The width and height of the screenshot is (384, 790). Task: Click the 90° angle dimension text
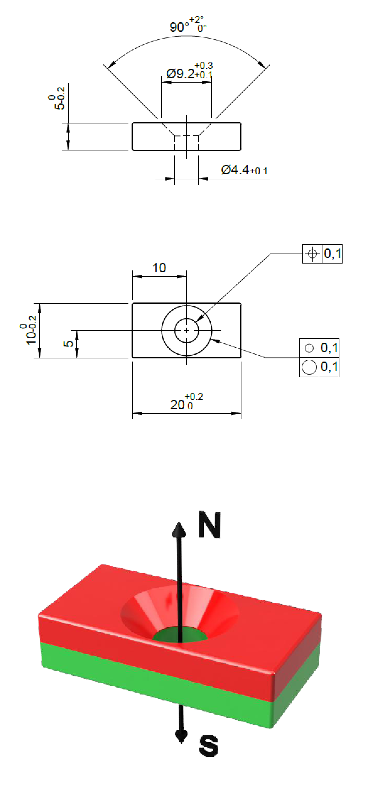click(x=188, y=25)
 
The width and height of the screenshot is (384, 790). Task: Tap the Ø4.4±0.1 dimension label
click(x=244, y=170)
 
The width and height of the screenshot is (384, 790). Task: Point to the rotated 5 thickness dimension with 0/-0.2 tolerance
click(x=57, y=98)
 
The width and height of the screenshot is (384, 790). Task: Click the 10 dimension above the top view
click(x=159, y=268)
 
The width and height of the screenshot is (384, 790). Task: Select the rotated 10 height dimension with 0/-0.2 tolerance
click(x=28, y=330)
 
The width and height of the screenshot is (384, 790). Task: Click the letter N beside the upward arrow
click(x=209, y=525)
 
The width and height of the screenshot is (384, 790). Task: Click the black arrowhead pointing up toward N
click(x=179, y=529)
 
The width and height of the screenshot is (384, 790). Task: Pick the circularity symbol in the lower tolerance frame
click(x=309, y=367)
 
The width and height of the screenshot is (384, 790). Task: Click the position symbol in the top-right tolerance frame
click(x=312, y=253)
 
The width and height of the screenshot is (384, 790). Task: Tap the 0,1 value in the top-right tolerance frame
click(x=333, y=253)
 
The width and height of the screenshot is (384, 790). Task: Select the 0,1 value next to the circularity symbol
click(x=329, y=367)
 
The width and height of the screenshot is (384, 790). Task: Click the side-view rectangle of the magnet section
click(x=132, y=137)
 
